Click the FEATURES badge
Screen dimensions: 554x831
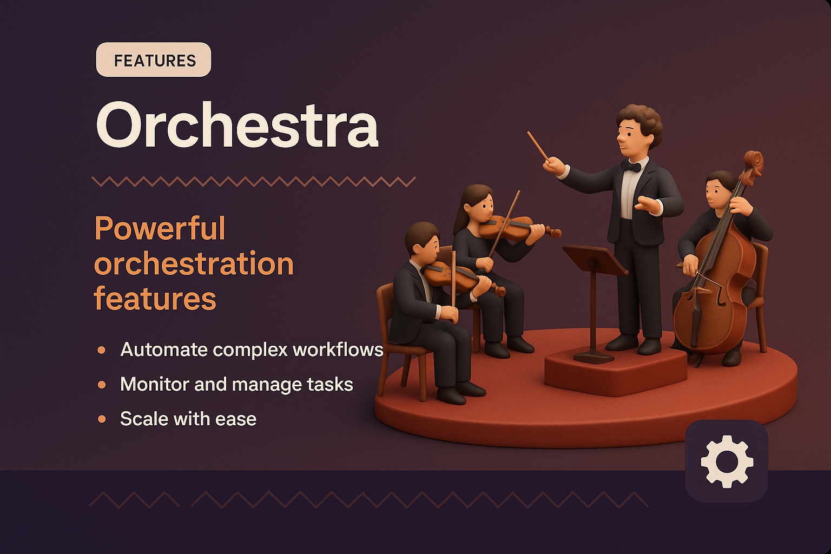pos(154,60)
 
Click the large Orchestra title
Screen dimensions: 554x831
pos(237,126)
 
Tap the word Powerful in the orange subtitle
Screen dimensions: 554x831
pos(160,229)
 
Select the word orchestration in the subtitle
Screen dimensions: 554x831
pos(194,264)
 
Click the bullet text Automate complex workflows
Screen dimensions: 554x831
pos(252,349)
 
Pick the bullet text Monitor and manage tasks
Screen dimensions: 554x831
pos(236,384)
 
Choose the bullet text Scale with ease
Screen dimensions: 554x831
pos(188,419)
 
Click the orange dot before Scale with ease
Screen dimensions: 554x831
pos(102,419)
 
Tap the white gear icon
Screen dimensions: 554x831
pos(727,461)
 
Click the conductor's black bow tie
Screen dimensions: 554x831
pos(631,166)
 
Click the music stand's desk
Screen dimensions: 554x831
pos(594,259)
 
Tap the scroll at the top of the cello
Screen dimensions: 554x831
pos(753,161)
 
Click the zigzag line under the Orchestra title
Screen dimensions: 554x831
pos(253,181)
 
